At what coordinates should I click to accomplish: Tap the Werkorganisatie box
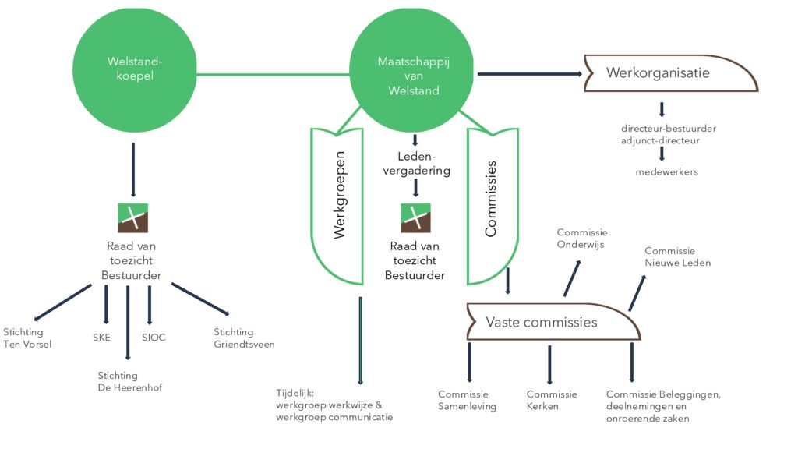pyautogui.click(x=668, y=73)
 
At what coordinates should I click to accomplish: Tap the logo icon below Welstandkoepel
pyautogui.click(x=132, y=217)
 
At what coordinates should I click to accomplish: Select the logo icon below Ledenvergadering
pyautogui.click(x=415, y=217)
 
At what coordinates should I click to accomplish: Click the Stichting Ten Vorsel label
pyautogui.click(x=27, y=338)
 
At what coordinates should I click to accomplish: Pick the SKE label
pyautogui.click(x=101, y=338)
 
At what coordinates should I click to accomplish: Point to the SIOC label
pyautogui.click(x=154, y=338)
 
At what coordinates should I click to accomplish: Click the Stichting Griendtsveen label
pyautogui.click(x=244, y=338)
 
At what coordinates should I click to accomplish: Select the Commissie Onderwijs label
pyautogui.click(x=581, y=238)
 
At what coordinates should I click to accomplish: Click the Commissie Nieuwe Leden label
pyautogui.click(x=677, y=256)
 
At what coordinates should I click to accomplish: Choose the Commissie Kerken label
pyautogui.click(x=552, y=400)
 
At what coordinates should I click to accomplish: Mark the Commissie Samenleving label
pyautogui.click(x=467, y=400)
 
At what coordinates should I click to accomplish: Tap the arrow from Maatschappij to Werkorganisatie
pyautogui.click(x=530, y=74)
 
